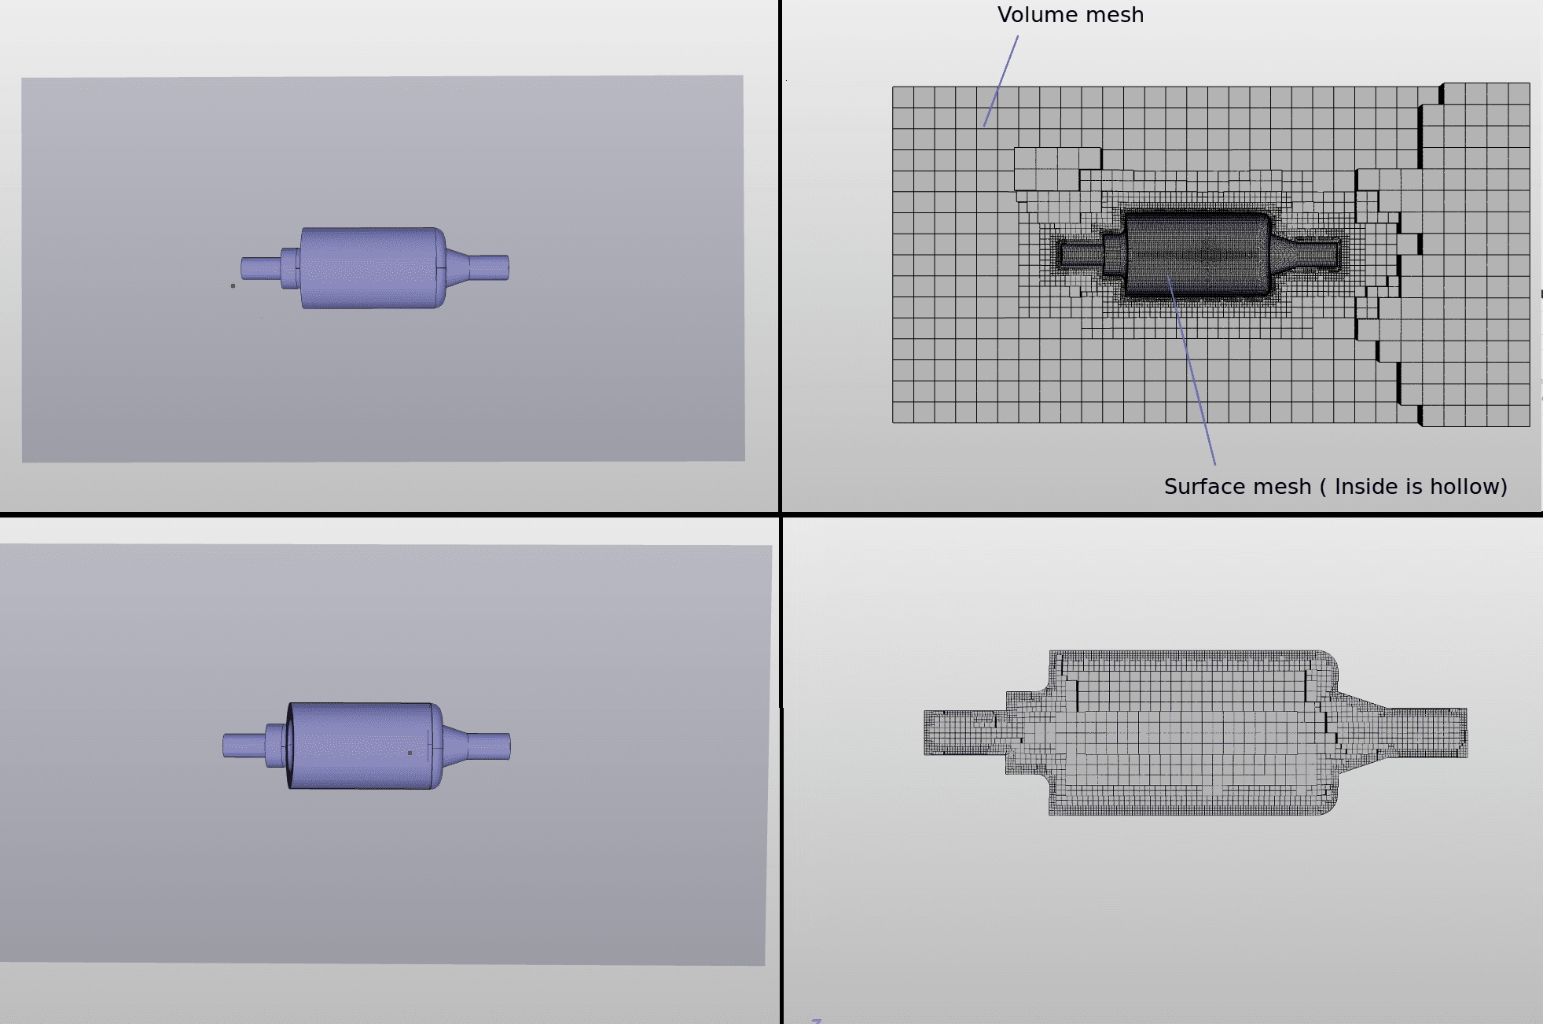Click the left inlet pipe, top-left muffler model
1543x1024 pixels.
pyautogui.click(x=260, y=268)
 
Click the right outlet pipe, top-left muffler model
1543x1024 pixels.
pyautogui.click(x=489, y=268)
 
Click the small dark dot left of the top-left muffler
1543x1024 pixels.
pyautogui.click(x=233, y=285)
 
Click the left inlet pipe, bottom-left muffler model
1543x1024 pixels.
pyautogui.click(x=243, y=745)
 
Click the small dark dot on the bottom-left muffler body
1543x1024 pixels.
pyautogui.click(x=410, y=753)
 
